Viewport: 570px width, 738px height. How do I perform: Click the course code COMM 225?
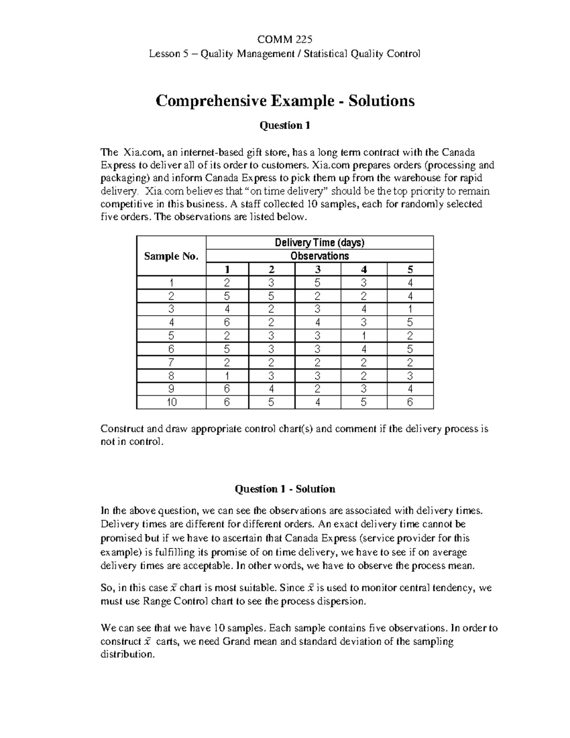coord(285,39)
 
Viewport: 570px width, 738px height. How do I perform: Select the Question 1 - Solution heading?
coord(285,489)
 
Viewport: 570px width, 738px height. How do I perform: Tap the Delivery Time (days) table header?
coord(320,243)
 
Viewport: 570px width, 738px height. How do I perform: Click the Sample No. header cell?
coord(171,256)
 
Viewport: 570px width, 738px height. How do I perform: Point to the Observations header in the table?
coord(320,256)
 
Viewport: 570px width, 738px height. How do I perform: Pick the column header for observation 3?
coord(317,269)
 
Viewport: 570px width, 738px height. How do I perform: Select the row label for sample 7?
coord(171,363)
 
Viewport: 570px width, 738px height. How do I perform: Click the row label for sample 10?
coord(171,403)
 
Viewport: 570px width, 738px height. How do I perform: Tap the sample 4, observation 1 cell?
coord(227,323)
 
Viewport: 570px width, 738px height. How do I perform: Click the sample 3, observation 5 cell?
coord(410,309)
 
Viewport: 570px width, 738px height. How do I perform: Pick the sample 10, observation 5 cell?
coord(410,403)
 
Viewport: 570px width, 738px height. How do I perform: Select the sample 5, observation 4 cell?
coord(364,336)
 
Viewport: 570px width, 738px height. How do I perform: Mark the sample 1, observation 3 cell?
coord(317,283)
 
